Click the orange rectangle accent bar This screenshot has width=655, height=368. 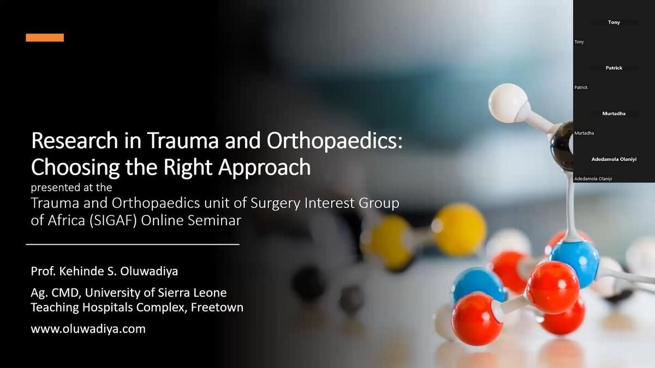[x=45, y=38]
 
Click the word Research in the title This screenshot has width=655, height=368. [x=75, y=141]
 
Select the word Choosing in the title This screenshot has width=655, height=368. [x=75, y=168]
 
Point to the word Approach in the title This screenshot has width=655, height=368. [x=265, y=168]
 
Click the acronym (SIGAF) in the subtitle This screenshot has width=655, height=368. [x=113, y=220]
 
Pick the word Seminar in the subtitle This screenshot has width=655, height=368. [x=215, y=220]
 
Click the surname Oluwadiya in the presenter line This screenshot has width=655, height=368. [x=149, y=272]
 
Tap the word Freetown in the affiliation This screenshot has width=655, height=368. [x=217, y=307]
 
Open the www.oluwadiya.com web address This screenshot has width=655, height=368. [x=88, y=329]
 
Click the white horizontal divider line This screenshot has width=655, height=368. [x=133, y=244]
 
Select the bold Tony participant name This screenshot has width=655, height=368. [x=614, y=22]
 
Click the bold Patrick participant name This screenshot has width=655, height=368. [x=614, y=68]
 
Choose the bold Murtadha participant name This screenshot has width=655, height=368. [x=614, y=113]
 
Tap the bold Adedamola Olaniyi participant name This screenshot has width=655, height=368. [x=614, y=159]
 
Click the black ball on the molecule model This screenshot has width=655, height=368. [x=562, y=146]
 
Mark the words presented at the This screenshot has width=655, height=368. [x=72, y=188]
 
